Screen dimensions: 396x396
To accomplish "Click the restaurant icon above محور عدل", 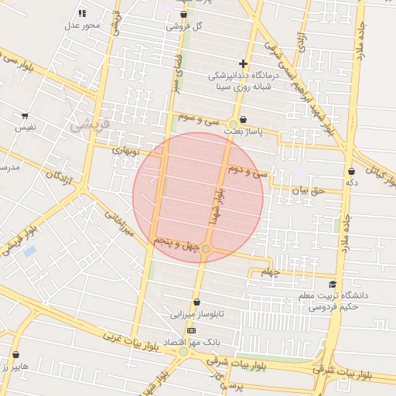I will [82, 13].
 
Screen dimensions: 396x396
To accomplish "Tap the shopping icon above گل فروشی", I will [183, 14].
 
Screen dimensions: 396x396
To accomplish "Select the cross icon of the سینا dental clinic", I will [243, 64].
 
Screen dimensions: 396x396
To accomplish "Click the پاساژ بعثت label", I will [255, 132].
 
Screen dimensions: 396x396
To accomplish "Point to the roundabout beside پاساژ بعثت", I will [233, 124].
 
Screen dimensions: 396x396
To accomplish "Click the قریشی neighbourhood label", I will [90, 122].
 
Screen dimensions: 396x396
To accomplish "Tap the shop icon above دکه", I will [351, 171].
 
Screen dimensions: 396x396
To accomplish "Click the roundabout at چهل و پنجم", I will [206, 248].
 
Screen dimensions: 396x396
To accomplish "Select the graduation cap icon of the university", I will [333, 284].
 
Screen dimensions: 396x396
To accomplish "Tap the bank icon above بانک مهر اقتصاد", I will [191, 330].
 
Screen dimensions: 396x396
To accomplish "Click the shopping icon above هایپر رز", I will [15, 355].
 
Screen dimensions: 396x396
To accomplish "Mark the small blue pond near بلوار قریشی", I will [29, 251].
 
